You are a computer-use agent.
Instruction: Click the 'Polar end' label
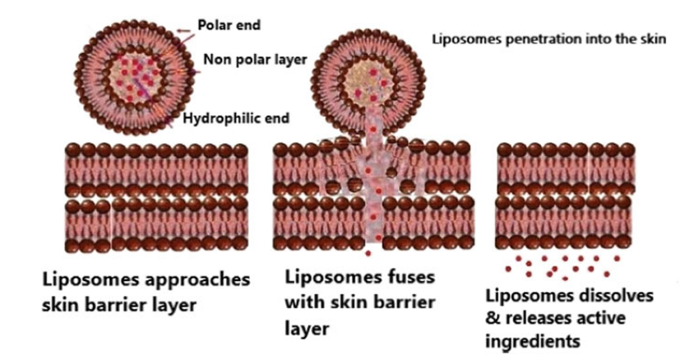click(229, 25)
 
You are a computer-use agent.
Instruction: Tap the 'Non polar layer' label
click(255, 59)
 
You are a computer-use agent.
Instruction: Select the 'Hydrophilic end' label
click(236, 118)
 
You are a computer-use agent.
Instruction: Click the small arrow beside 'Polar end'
click(184, 30)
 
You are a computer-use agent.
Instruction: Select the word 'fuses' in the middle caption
click(411, 277)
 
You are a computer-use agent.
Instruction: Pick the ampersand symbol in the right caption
click(493, 318)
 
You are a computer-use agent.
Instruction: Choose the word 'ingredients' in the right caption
click(532, 341)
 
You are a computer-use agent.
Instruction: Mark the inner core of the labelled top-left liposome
click(134, 75)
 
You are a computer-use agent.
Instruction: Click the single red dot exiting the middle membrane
click(368, 253)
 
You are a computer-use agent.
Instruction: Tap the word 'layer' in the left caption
click(174, 304)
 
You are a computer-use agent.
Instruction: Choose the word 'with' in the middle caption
click(304, 302)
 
